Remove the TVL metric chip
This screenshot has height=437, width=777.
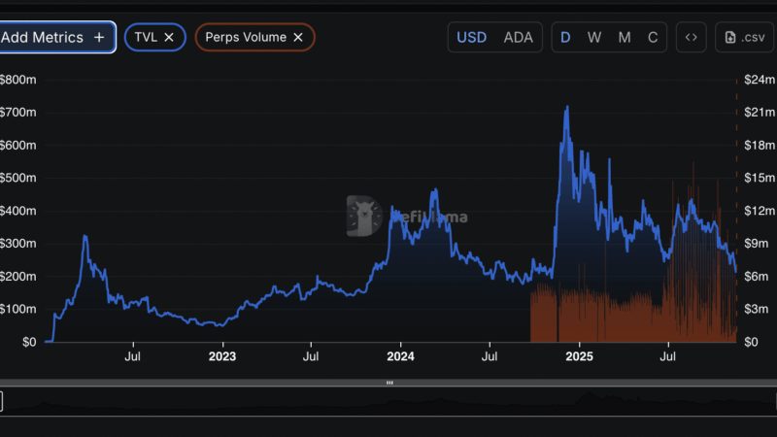pyautogui.click(x=169, y=37)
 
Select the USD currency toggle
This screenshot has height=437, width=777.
pyautogui.click(x=472, y=38)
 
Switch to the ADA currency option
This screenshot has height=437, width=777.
pyautogui.click(x=518, y=38)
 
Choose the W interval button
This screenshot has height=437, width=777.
pyautogui.click(x=594, y=38)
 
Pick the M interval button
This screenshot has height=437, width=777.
pyautogui.click(x=625, y=38)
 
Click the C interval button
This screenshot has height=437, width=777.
pyautogui.click(x=653, y=38)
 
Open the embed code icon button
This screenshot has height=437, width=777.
pyautogui.click(x=692, y=38)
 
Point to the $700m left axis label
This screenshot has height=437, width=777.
pyautogui.click(x=18, y=113)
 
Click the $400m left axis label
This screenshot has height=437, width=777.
pyautogui.click(x=18, y=211)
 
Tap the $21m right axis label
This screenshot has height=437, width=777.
pyautogui.click(x=758, y=113)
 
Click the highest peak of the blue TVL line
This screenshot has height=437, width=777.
pyautogui.click(x=566, y=107)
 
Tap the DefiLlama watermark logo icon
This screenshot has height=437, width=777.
pyautogui.click(x=363, y=216)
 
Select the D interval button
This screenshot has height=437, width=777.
pyautogui.click(x=565, y=38)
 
